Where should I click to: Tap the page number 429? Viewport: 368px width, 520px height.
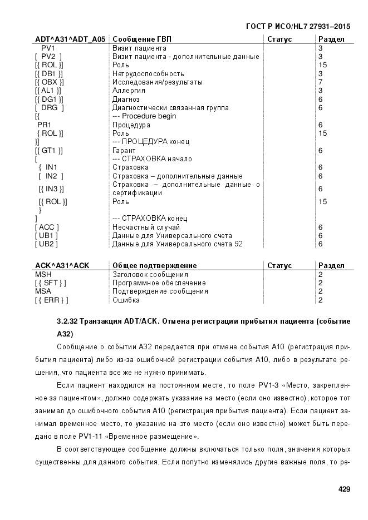coord(344,489)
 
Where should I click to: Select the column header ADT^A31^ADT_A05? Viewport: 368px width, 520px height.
coord(70,39)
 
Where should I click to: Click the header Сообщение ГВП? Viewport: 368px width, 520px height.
coord(142,39)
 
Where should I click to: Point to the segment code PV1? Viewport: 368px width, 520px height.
coord(48,48)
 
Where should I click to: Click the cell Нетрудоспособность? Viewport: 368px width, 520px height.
coord(148,73)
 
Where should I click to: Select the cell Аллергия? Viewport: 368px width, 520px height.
coord(129,91)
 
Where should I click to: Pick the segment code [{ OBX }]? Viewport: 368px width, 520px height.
coord(48,82)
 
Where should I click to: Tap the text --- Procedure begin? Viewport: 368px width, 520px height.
coord(144,116)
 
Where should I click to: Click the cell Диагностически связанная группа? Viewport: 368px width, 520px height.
coord(170,107)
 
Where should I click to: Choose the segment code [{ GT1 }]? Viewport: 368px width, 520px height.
coord(48,150)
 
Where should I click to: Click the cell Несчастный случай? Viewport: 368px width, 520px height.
coord(146,227)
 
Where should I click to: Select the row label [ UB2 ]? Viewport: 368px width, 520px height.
coord(46,244)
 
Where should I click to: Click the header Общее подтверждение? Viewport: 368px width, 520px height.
coord(154,266)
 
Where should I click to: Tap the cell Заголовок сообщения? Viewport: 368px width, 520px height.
coord(150,274)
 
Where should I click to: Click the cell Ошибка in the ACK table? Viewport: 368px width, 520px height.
coord(126,300)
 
